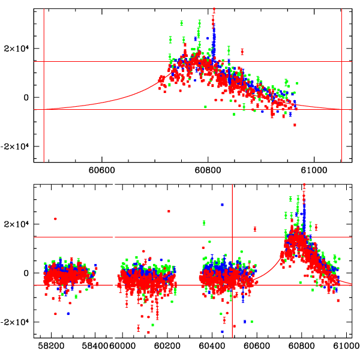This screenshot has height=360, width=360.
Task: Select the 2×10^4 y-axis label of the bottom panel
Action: coord(20,224)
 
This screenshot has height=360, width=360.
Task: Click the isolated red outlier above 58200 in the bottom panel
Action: coord(55,219)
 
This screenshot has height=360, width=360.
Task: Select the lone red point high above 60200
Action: coord(169,211)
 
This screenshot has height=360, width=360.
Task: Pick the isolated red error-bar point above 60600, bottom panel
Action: coord(255,229)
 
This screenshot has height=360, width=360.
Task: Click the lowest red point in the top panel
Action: coord(295,125)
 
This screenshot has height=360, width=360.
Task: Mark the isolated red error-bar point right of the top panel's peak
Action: coord(242,51)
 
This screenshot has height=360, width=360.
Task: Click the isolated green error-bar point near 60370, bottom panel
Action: coord(204,223)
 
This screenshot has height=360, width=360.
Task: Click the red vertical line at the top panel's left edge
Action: coord(44,84)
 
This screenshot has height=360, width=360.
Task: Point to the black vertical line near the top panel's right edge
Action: coord(341,84)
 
